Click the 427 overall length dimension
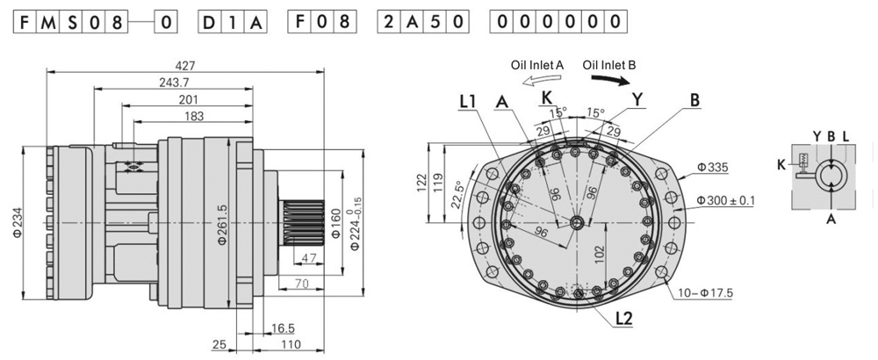point(185,65)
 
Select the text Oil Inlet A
point(538,64)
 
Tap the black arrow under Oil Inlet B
point(611,80)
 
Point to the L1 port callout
point(468,102)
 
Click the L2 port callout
point(624,319)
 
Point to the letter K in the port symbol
point(781,164)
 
